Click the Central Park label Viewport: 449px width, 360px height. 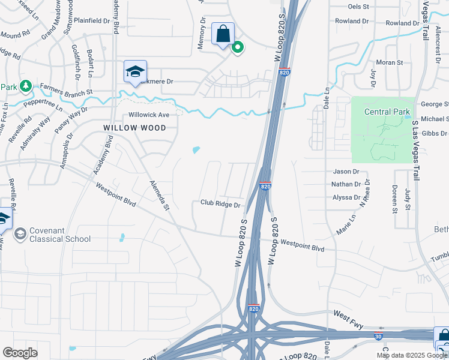[388, 112]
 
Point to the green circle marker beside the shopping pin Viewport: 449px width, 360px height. [238, 47]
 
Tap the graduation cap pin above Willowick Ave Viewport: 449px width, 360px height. [135, 72]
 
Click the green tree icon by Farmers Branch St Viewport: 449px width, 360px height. [25, 87]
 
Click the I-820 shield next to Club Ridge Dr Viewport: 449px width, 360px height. [265, 187]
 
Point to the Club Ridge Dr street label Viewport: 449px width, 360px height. [220, 205]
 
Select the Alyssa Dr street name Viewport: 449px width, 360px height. [346, 197]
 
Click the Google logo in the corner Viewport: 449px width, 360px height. [20, 353]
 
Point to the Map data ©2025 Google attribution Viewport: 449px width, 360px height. [412, 355]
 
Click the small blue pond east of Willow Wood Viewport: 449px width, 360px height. [196, 150]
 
